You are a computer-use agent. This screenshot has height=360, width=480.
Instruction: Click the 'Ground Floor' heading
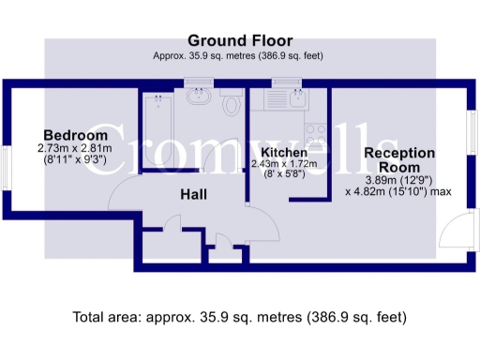coord(240,40)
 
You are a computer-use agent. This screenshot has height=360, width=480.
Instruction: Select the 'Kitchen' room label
coord(284,152)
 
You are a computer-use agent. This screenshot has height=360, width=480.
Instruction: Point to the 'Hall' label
coord(194,194)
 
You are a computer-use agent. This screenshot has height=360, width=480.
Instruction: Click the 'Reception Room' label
coord(399,160)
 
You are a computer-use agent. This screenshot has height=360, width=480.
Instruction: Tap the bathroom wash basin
coord(200,97)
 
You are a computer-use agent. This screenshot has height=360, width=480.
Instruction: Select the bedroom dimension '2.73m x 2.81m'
coord(74,147)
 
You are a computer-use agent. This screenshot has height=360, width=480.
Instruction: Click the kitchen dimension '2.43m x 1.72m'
coord(284,163)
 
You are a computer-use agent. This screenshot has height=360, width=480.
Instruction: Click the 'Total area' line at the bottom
coord(240,317)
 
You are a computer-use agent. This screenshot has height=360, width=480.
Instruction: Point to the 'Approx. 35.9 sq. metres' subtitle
coord(239,55)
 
